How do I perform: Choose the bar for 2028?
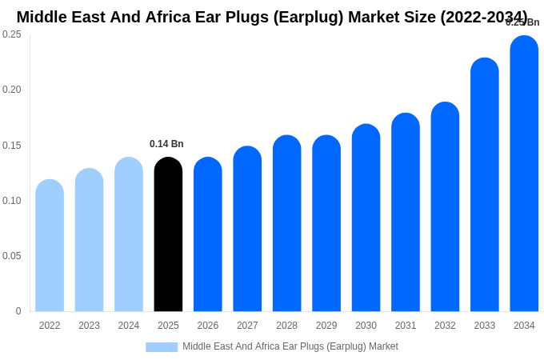point(286,223)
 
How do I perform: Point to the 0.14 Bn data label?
point(166,144)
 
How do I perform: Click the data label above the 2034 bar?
point(522,22)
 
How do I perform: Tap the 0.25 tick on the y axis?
point(12,34)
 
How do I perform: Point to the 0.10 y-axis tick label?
point(12,201)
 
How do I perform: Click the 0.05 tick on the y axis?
point(12,256)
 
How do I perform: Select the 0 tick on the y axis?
point(18,311)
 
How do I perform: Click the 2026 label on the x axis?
point(208,326)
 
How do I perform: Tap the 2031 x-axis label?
point(406,326)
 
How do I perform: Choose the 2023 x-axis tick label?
point(89,326)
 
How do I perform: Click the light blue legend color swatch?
point(162,347)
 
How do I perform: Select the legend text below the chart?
point(290,346)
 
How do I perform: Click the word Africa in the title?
point(170,17)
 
